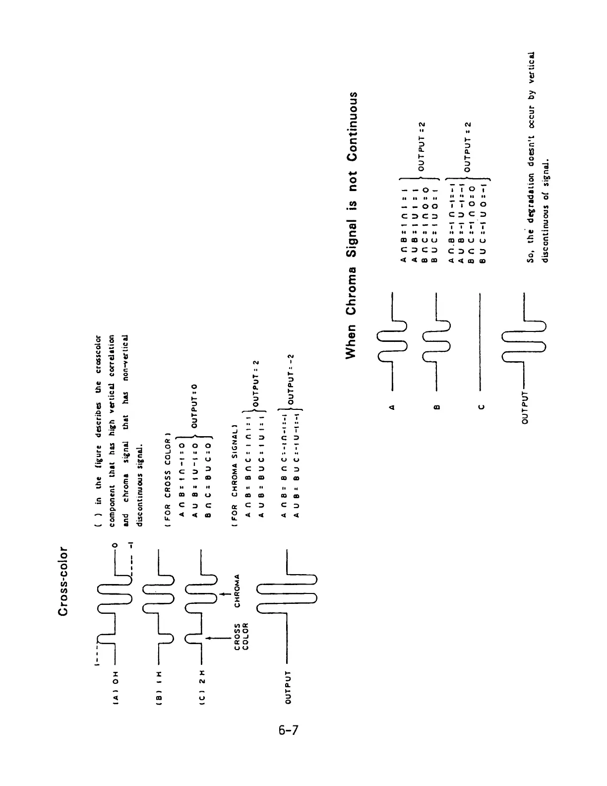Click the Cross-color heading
coord(63,582)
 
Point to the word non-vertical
coord(125,352)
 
